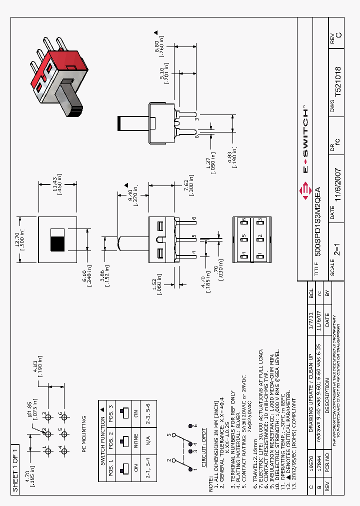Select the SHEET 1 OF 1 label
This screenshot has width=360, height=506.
point(14,469)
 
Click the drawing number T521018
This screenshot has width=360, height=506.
point(338,81)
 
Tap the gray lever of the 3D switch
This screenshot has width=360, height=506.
point(69,99)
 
